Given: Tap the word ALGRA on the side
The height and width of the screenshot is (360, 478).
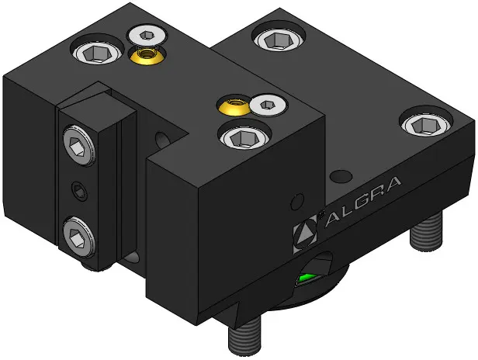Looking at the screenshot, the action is pos(363,201).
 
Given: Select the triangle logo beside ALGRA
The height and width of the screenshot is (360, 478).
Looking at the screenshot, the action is pos(305,234).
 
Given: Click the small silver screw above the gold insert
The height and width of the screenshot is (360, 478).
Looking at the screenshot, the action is pos(147,36).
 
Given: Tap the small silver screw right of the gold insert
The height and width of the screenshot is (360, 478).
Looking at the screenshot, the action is pos(268,106).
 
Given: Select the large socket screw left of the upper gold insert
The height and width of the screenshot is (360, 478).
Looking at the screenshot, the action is pos(97,51).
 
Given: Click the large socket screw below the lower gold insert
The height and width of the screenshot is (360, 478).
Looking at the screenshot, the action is pos(245,137).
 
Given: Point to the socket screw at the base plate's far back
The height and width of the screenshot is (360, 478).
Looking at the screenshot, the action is pos(279,39).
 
